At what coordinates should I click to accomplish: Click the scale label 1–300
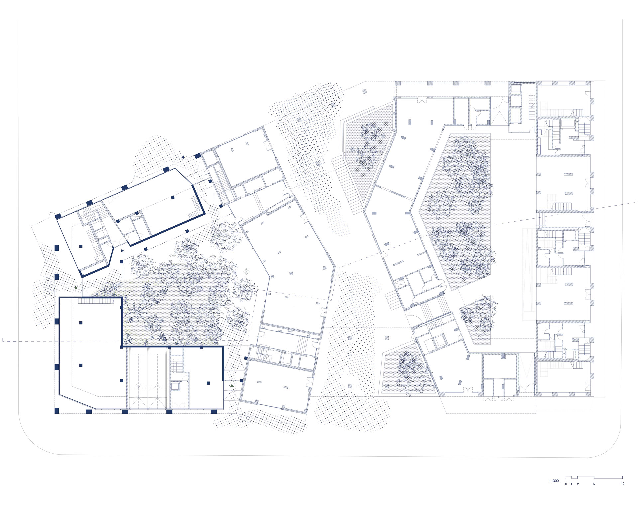click(x=554, y=481)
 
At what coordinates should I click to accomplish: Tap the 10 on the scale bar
click(x=622, y=484)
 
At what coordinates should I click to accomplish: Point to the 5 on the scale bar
click(x=594, y=484)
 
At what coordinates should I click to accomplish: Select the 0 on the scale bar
click(x=566, y=484)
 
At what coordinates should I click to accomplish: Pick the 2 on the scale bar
click(x=578, y=484)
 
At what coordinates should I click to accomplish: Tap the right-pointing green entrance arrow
click(x=76, y=288)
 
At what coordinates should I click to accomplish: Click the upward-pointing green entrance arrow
click(x=232, y=386)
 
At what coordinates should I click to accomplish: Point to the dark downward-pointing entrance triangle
click(x=182, y=157)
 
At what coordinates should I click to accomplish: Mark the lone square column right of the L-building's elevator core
click(x=208, y=383)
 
